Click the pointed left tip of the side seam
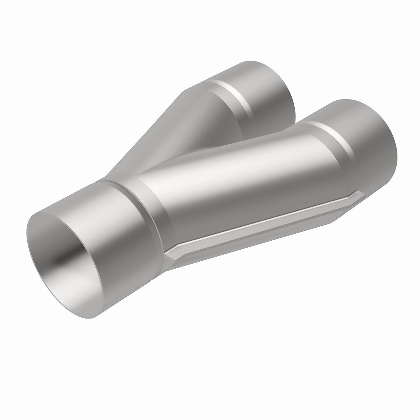coord(166,255)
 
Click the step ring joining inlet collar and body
coord(156,210)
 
